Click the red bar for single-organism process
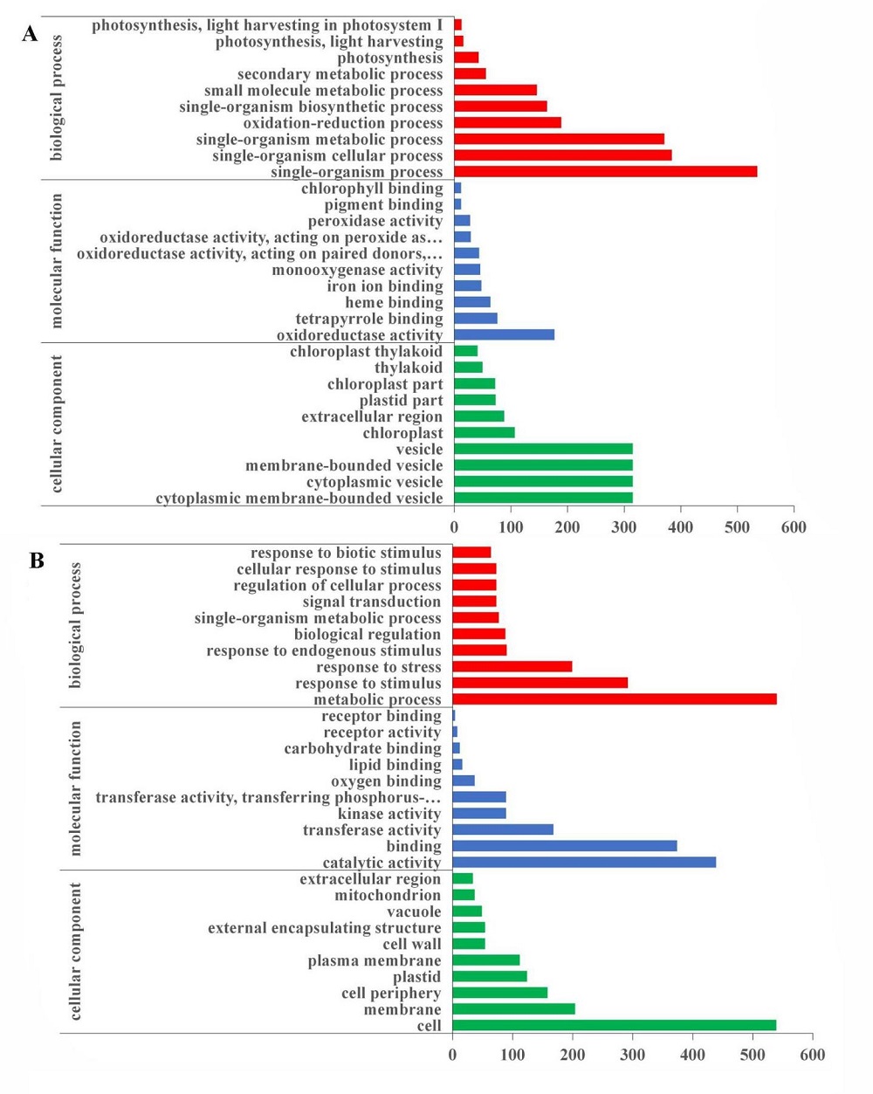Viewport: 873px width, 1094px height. click(x=606, y=171)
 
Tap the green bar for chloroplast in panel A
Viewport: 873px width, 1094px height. click(x=484, y=432)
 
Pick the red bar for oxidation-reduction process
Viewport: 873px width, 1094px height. click(x=507, y=122)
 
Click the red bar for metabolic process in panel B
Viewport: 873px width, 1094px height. click(x=615, y=699)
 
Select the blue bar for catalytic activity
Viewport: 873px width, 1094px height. click(x=584, y=862)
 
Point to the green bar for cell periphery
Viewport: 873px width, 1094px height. click(x=500, y=993)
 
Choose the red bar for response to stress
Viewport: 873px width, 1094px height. click(x=512, y=666)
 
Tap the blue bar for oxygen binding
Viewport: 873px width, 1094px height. click(x=464, y=781)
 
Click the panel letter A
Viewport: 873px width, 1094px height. click(x=30, y=35)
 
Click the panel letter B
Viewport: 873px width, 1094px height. click(x=37, y=561)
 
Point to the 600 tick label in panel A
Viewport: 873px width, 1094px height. click(x=794, y=527)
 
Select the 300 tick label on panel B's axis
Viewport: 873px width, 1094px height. click(x=633, y=1055)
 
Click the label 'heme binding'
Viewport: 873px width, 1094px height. click(x=394, y=302)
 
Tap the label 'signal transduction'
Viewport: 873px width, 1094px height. click(x=372, y=602)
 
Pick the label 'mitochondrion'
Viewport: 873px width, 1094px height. click(x=388, y=895)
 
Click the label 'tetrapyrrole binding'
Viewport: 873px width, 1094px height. click(x=369, y=319)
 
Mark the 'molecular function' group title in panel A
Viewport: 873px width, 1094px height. click(x=57, y=261)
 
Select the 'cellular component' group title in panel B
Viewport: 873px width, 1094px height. click(x=75, y=952)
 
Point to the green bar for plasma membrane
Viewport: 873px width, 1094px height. click(x=486, y=960)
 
